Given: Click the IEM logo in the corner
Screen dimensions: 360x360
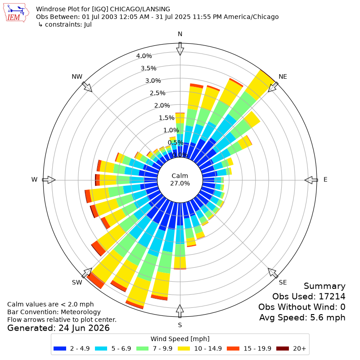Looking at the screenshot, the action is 16,13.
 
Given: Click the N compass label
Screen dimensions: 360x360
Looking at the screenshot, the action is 180,34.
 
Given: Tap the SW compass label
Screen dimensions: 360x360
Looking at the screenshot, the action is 77,283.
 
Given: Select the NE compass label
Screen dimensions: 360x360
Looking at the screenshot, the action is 283,76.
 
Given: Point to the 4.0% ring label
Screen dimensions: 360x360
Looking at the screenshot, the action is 144,56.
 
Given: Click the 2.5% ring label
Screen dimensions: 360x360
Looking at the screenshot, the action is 157,93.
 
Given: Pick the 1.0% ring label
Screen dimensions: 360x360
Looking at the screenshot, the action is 171,130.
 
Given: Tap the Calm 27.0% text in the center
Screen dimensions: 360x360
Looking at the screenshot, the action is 180,180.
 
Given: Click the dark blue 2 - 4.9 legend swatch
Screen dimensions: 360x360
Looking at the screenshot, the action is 60,348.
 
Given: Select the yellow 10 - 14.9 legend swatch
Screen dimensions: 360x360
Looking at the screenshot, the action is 184,348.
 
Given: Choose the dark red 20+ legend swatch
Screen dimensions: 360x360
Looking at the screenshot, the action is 283,348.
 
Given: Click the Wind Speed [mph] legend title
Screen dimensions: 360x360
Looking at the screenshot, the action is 180,339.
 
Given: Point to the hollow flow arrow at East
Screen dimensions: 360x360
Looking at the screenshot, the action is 311,180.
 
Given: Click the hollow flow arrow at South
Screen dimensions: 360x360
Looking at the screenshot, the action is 180,311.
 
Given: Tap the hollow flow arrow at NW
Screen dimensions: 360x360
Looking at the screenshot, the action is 87,87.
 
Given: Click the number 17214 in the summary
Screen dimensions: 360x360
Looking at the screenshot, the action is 332,297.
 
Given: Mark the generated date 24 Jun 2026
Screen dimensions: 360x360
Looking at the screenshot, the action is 84,328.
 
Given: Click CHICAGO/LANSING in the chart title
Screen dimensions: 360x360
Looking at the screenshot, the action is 140,9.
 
